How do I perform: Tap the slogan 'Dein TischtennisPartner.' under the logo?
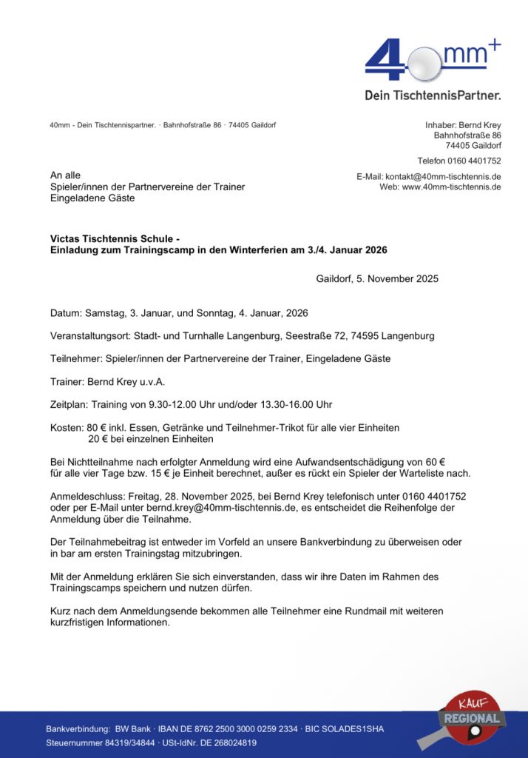433,95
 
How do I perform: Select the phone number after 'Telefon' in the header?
475,161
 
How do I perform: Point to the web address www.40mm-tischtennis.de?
452,187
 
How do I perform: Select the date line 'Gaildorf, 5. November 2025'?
377,279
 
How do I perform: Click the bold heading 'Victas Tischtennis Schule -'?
115,240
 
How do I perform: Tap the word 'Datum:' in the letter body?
66,313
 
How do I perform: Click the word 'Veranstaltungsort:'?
89,336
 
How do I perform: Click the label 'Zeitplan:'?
69,405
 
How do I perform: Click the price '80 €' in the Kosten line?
97,428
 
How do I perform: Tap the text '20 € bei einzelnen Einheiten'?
150,439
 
